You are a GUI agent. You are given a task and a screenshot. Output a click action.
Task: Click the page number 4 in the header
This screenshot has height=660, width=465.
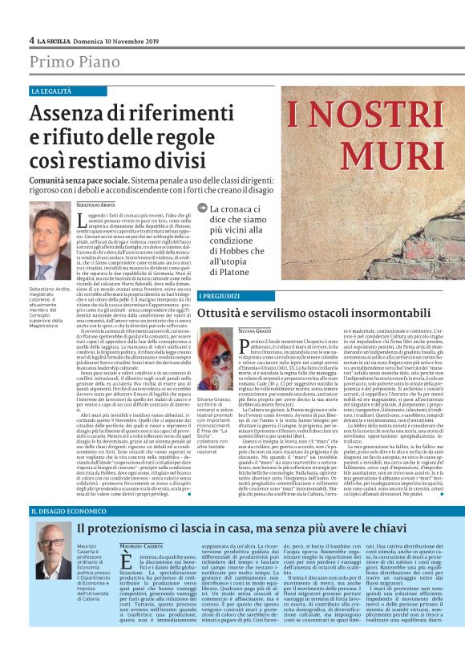(31, 40)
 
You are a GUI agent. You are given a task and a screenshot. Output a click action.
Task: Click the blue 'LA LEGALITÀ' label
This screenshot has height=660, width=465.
(51, 91)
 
